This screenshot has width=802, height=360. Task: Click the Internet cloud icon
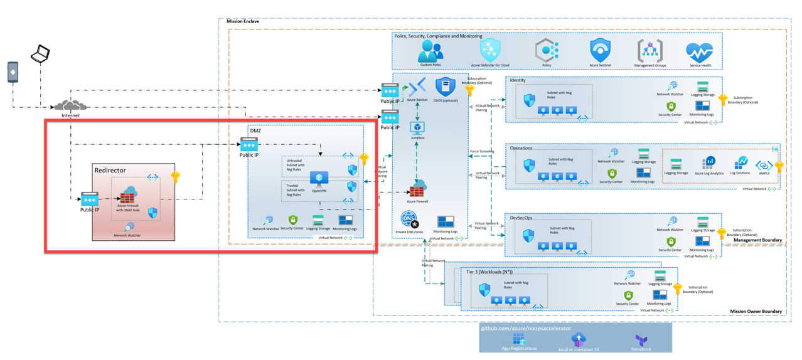coord(70,105)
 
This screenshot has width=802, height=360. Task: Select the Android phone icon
coord(13,71)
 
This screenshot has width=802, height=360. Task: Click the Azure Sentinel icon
coord(600,50)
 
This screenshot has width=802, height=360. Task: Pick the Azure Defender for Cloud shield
coord(490,50)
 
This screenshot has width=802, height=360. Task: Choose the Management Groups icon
coord(650,50)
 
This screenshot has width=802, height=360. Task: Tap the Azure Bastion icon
coord(417,87)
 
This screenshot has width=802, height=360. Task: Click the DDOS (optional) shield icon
coord(446,87)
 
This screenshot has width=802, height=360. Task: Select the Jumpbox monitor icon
coord(417,127)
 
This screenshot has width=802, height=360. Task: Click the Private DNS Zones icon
coord(409,220)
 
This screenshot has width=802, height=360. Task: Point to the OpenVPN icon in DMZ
coord(319,179)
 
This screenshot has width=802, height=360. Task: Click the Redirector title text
coord(110,171)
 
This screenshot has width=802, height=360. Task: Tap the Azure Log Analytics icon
coord(708,164)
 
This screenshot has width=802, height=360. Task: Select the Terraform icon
coord(641,339)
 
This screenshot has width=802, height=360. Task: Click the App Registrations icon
coord(518,339)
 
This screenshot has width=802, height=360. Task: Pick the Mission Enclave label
coord(242,21)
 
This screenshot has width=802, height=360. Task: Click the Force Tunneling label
coord(482,151)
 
